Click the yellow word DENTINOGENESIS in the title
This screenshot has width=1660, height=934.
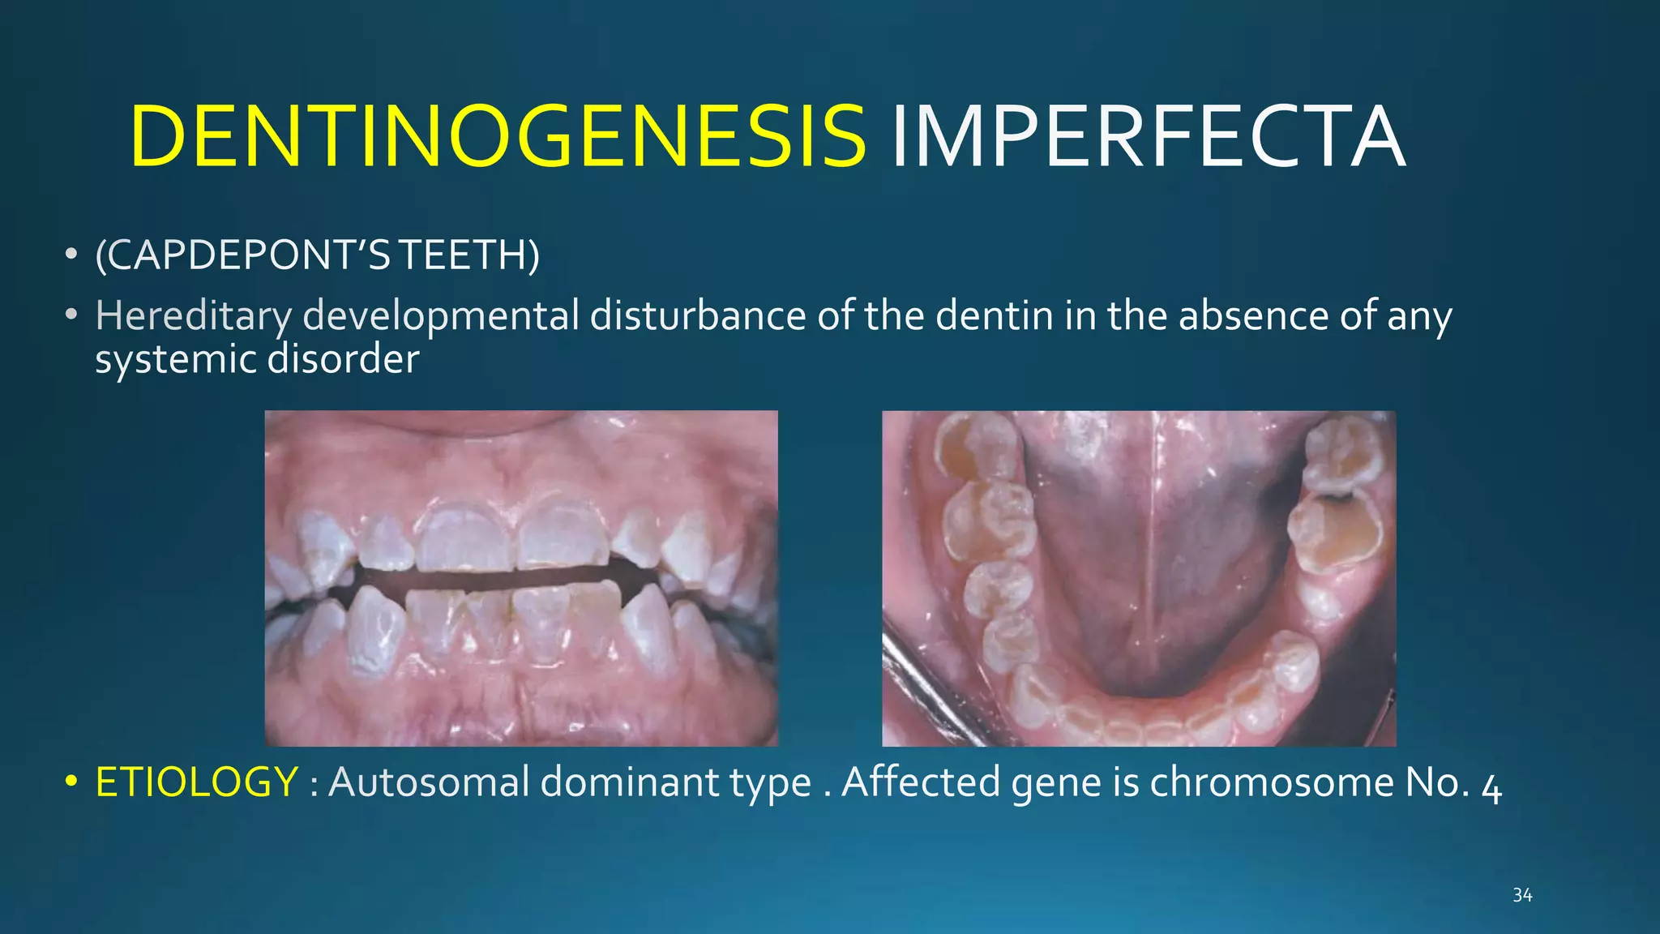(498, 138)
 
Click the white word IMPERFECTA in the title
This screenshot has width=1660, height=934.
(1148, 138)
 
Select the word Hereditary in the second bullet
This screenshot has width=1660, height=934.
(193, 315)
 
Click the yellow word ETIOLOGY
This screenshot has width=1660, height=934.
(197, 782)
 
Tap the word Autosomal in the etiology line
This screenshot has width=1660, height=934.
(428, 782)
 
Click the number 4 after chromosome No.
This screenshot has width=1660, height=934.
(1491, 786)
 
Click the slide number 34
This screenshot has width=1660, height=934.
(1522, 895)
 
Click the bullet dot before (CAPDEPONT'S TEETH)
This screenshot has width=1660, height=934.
(71, 255)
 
